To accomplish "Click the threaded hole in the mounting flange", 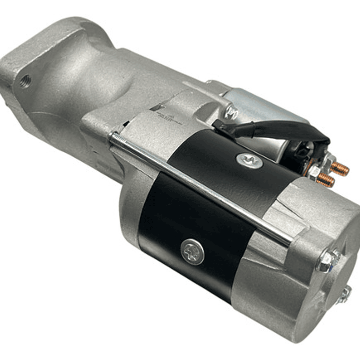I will [x=25, y=80].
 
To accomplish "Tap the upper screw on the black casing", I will [x=249, y=160].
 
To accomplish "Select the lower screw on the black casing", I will [x=193, y=252].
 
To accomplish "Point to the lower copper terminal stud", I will [x=325, y=181].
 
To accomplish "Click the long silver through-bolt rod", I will [x=200, y=185].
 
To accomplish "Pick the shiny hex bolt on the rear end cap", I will [x=327, y=261].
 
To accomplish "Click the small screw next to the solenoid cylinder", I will [x=232, y=111].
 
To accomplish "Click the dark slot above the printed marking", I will [x=159, y=107].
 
